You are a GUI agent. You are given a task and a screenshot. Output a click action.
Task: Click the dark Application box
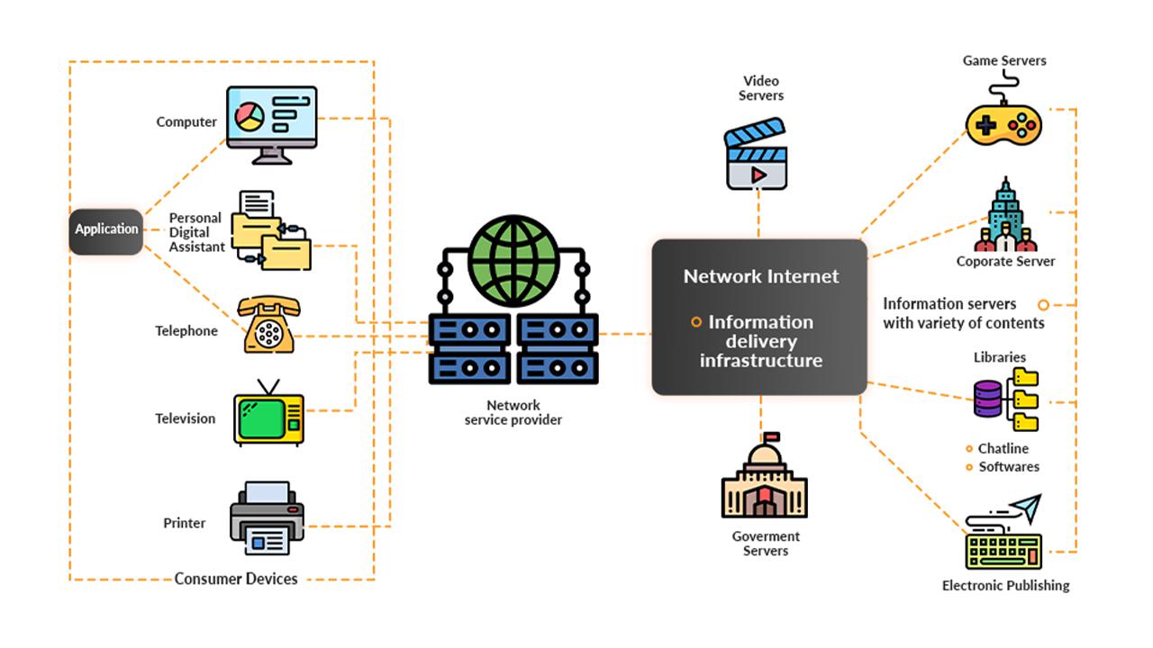click(106, 231)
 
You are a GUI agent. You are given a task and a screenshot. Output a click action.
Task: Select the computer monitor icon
click(271, 123)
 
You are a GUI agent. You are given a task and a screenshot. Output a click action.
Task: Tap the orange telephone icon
click(268, 325)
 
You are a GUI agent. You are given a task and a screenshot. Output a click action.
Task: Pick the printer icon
click(267, 518)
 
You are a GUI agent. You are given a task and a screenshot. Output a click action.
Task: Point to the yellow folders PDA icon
click(271, 232)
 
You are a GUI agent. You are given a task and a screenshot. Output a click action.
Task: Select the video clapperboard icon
click(756, 155)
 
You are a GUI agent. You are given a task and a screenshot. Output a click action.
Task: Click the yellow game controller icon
click(1003, 123)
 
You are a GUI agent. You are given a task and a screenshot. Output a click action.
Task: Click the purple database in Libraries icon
click(988, 399)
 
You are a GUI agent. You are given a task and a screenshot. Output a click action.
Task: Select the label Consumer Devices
click(236, 579)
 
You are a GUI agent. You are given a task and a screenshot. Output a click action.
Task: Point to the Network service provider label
click(513, 413)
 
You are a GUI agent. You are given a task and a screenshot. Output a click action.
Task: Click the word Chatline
click(1003, 448)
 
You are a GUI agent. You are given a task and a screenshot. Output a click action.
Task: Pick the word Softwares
click(1009, 466)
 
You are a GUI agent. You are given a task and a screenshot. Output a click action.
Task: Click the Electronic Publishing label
click(1005, 585)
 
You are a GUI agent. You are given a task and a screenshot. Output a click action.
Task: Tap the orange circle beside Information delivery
click(696, 322)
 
